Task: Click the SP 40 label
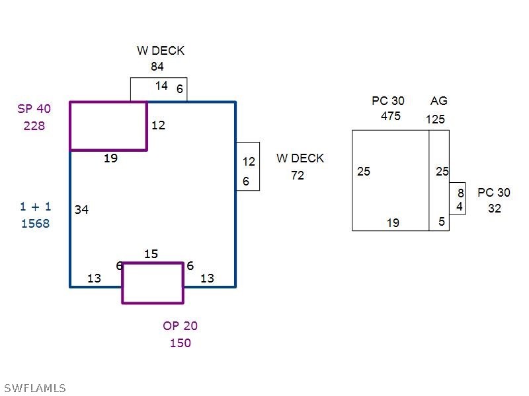coord(34,109)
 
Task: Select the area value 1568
coord(35,224)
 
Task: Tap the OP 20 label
coord(180,326)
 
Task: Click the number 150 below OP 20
coord(180,343)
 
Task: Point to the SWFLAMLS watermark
coord(34,388)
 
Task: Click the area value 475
coord(391,116)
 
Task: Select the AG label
coord(439,101)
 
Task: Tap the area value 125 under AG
coord(435,119)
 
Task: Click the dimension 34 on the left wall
coord(81,210)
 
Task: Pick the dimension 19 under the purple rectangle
coord(110,158)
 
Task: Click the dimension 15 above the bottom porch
coord(151,254)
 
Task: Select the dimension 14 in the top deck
coord(161,86)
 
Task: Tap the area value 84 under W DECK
coord(157,67)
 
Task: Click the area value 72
coord(298,176)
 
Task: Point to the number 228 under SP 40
coord(34,125)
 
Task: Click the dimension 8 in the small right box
coord(461,193)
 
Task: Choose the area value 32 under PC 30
coord(495,209)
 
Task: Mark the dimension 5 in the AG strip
coord(442,222)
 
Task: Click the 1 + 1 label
coord(35,207)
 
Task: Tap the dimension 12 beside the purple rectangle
coord(158,125)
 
